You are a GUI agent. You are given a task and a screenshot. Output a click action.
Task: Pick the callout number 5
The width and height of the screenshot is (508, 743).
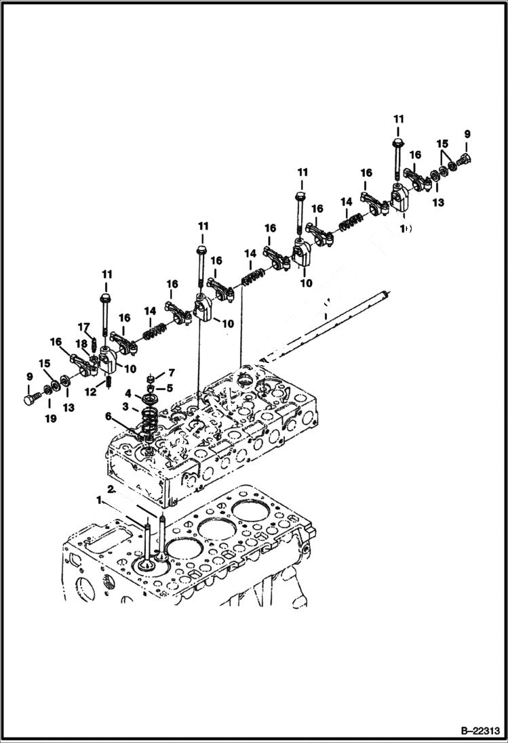[x=170, y=388]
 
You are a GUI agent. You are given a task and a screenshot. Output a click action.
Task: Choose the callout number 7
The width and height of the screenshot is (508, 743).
[x=172, y=373]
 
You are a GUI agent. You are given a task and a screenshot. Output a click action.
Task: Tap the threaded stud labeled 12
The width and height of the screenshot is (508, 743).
[x=108, y=384]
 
